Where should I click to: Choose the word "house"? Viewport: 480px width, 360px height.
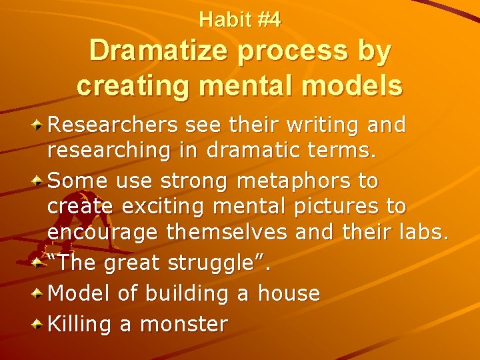(x=288, y=293)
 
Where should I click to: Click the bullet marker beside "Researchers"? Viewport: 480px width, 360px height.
(x=39, y=125)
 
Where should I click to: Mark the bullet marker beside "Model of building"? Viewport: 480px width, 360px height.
(x=39, y=293)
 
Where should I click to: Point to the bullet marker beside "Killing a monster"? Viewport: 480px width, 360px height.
(x=39, y=325)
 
